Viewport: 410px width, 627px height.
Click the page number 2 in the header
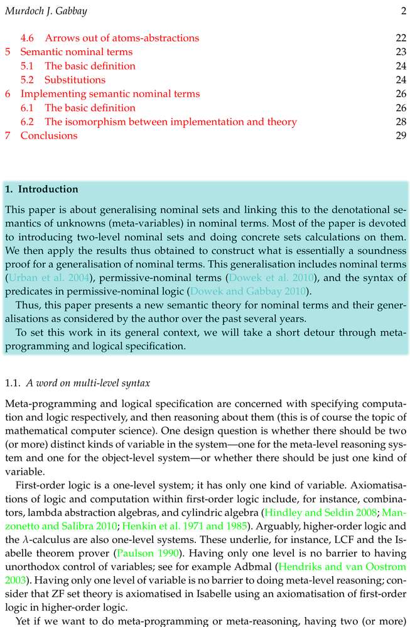404,11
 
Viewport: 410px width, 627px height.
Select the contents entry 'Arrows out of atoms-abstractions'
122,38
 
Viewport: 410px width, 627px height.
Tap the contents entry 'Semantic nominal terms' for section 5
76,52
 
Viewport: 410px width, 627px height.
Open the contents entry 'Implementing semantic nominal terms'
110,94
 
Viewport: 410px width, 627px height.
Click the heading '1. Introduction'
41,189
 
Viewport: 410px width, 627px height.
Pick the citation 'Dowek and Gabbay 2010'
250,291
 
